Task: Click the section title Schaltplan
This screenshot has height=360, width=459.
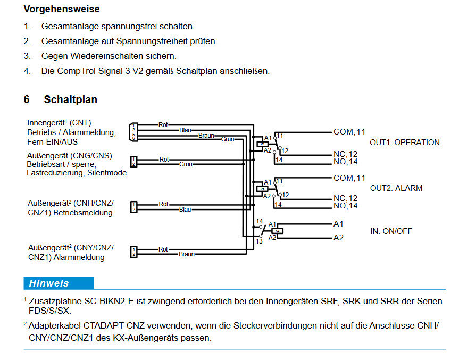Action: tap(70, 99)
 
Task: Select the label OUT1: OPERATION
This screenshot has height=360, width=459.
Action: tap(404, 143)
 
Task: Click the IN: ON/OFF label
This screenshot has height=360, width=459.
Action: tap(391, 231)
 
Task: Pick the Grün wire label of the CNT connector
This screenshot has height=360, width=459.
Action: tap(228, 139)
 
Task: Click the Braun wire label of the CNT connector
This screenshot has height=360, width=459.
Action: tap(206, 136)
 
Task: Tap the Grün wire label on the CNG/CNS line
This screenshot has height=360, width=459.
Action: tap(186, 164)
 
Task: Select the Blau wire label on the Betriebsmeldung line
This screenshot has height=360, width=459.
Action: tap(185, 210)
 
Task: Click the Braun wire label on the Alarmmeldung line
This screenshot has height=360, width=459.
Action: tap(186, 254)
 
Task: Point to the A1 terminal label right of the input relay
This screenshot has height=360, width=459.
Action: tap(338, 224)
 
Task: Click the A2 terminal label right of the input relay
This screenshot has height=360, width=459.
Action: tap(338, 238)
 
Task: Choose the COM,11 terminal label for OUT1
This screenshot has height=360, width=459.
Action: tap(349, 132)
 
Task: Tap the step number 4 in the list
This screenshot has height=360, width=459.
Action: tap(26, 71)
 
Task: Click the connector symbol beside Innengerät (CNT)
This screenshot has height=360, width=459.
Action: tap(133, 132)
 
